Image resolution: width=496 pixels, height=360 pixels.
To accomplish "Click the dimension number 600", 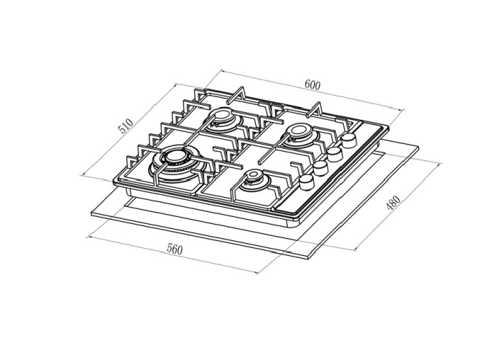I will pos(312,85).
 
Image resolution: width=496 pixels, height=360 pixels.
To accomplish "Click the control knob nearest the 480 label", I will pos(306,183).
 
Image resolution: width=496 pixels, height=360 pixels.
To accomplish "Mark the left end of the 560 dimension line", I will pos(87,236).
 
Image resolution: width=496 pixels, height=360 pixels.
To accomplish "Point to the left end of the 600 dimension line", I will pos(220,70).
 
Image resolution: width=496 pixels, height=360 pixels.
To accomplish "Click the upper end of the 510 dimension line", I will pos(175,84).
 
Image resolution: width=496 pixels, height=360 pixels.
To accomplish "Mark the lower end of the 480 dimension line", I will pos(354,249).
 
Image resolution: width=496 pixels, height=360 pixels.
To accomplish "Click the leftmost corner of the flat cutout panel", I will pos(92,213).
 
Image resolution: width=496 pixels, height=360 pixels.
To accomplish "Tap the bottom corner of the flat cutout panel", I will pos(310,257).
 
